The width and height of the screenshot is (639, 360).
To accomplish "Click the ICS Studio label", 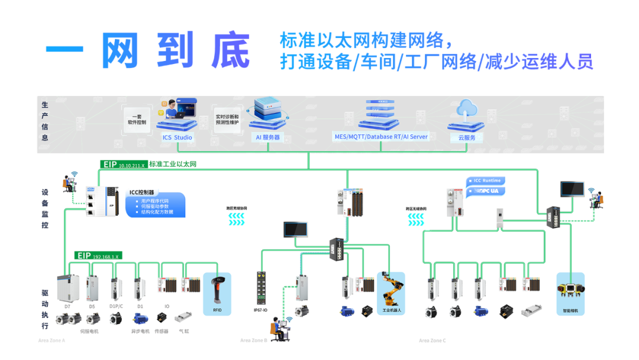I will (x=177, y=137).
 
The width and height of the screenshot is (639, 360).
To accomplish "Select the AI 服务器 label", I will (x=267, y=137).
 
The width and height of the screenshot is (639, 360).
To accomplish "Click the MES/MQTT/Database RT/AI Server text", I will (x=380, y=137).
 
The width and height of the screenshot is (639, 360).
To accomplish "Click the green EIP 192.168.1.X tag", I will (x=98, y=256).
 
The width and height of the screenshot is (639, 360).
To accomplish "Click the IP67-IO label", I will (x=262, y=310).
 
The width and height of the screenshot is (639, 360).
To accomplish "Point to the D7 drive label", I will (x=67, y=306).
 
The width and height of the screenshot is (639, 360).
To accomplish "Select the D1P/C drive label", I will (x=117, y=306).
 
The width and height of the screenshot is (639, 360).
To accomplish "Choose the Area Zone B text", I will (x=254, y=340).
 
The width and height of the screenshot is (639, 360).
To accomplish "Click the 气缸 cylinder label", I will (x=184, y=332).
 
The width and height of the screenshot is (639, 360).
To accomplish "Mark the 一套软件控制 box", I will (x=137, y=119).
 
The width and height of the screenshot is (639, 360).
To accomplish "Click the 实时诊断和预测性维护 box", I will (x=227, y=119).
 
